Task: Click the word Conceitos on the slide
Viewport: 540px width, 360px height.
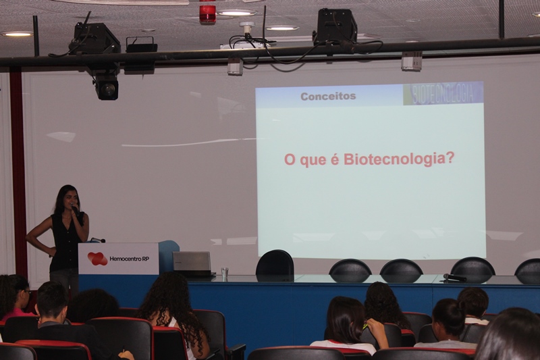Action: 328,96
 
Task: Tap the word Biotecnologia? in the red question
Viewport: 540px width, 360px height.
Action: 399,159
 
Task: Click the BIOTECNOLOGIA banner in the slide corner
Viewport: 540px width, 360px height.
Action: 443,93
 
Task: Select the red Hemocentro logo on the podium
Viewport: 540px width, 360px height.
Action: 97,259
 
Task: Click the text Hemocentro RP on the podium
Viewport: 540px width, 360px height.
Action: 129,259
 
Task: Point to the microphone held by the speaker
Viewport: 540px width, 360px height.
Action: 75,209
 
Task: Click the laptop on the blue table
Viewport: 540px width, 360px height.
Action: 192,264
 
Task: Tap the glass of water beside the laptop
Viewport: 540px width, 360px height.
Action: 225,274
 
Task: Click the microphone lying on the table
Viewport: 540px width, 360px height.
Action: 454,277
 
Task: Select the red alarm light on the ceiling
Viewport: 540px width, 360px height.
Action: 207,14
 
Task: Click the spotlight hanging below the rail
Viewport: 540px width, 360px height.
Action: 107,87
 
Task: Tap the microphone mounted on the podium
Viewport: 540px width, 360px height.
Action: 97,240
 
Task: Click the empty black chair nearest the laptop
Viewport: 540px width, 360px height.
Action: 275,263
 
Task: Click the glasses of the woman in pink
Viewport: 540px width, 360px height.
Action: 27,292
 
